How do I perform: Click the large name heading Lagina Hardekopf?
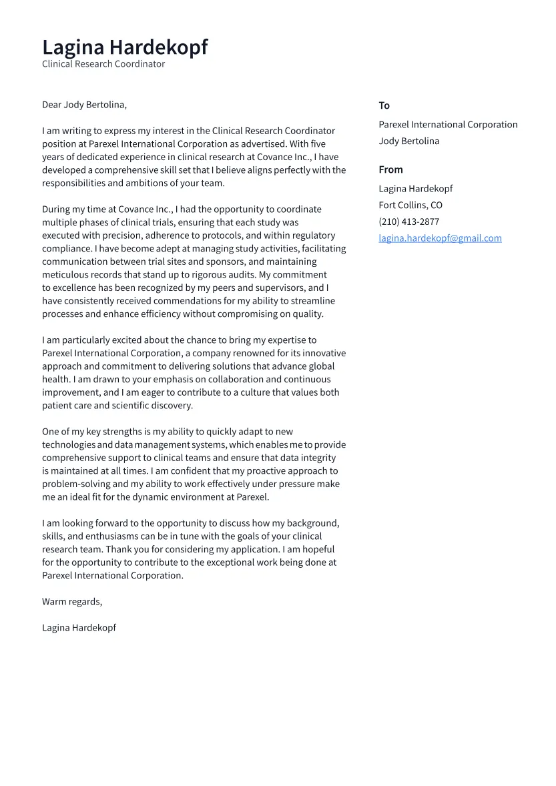(125, 47)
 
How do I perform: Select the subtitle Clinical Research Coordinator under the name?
(103, 64)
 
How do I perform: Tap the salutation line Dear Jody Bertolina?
(84, 105)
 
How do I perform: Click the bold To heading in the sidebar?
(384, 105)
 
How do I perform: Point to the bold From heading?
(390, 169)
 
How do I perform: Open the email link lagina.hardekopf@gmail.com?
(440, 238)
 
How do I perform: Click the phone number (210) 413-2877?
(408, 222)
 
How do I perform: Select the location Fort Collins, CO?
(410, 205)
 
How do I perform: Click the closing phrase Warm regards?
(72, 602)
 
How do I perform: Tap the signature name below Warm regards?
(79, 628)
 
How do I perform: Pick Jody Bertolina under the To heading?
(408, 141)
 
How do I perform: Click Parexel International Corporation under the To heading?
(448, 124)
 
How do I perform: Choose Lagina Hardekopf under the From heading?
(415, 188)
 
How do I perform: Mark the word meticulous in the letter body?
(67, 275)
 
